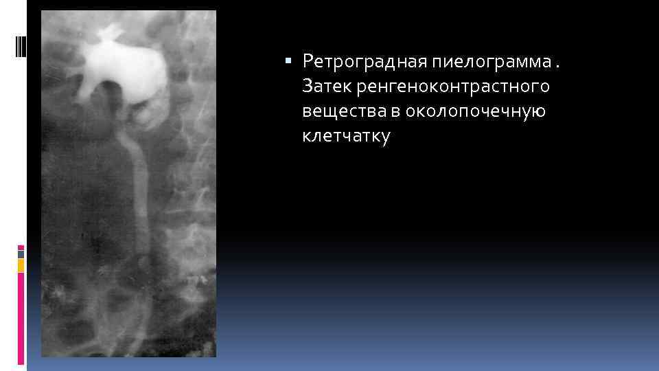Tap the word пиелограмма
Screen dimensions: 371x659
pyautogui.click(x=491, y=63)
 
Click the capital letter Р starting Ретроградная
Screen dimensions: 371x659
pyautogui.click(x=307, y=63)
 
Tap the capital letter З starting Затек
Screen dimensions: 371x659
pyautogui.click(x=306, y=87)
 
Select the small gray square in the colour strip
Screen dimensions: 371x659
pyautogui.click(x=21, y=254)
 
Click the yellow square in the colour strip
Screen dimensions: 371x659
pyautogui.click(x=21, y=265)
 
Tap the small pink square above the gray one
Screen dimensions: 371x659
pyautogui.click(x=21, y=247)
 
